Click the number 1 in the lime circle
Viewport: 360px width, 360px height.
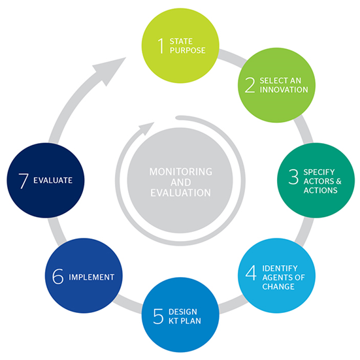point(161,46)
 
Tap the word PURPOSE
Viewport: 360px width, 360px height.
point(188,50)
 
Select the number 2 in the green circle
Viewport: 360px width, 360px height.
point(250,85)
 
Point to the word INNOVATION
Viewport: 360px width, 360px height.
point(284,90)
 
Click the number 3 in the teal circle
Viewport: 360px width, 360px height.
point(293,176)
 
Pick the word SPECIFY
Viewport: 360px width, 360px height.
point(319,172)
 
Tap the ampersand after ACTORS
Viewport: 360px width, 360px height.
point(338,181)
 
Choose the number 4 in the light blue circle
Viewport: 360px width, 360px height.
point(251,272)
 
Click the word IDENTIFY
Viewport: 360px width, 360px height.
point(280,268)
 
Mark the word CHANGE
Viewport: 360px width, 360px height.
point(278,287)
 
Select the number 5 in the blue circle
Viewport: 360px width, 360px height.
point(158,316)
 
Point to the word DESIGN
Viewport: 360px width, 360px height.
point(183,312)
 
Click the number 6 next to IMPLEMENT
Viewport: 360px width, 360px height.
point(57,276)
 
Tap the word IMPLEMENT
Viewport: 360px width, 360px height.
point(91,277)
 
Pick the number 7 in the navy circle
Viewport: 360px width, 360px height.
point(24,181)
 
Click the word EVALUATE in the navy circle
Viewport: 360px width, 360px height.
point(53,180)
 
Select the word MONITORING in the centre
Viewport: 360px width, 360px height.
point(181,171)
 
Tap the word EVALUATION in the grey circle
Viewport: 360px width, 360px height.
point(181,193)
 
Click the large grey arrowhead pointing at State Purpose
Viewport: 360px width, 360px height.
point(109,70)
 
